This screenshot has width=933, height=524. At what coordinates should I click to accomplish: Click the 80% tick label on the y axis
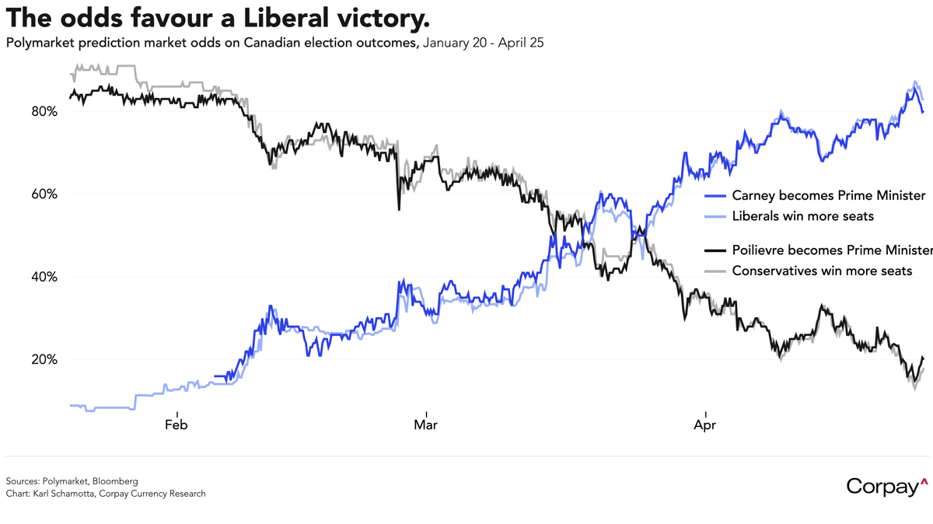[x=44, y=111]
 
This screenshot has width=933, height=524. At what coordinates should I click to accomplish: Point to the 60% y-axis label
[x=44, y=194]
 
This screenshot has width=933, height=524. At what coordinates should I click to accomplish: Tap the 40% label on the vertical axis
[x=44, y=277]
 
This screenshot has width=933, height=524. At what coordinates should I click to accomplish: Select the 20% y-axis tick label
[x=44, y=359]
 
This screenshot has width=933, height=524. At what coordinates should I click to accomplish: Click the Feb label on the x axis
[x=176, y=424]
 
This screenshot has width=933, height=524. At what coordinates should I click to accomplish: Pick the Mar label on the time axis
[x=425, y=424]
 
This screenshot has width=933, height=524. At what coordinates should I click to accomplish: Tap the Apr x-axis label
[x=704, y=424]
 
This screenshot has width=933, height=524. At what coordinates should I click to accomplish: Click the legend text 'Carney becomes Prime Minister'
[x=829, y=195]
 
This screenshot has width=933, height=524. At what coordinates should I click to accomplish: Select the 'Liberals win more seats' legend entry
[x=803, y=216]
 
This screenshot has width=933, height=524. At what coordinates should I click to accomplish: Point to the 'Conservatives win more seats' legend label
[x=823, y=271]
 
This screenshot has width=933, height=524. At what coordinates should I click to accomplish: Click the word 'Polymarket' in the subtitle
[x=38, y=43]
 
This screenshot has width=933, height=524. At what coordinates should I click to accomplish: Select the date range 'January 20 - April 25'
[x=483, y=43]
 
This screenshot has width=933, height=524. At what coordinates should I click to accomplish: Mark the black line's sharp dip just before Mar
[x=399, y=208]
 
